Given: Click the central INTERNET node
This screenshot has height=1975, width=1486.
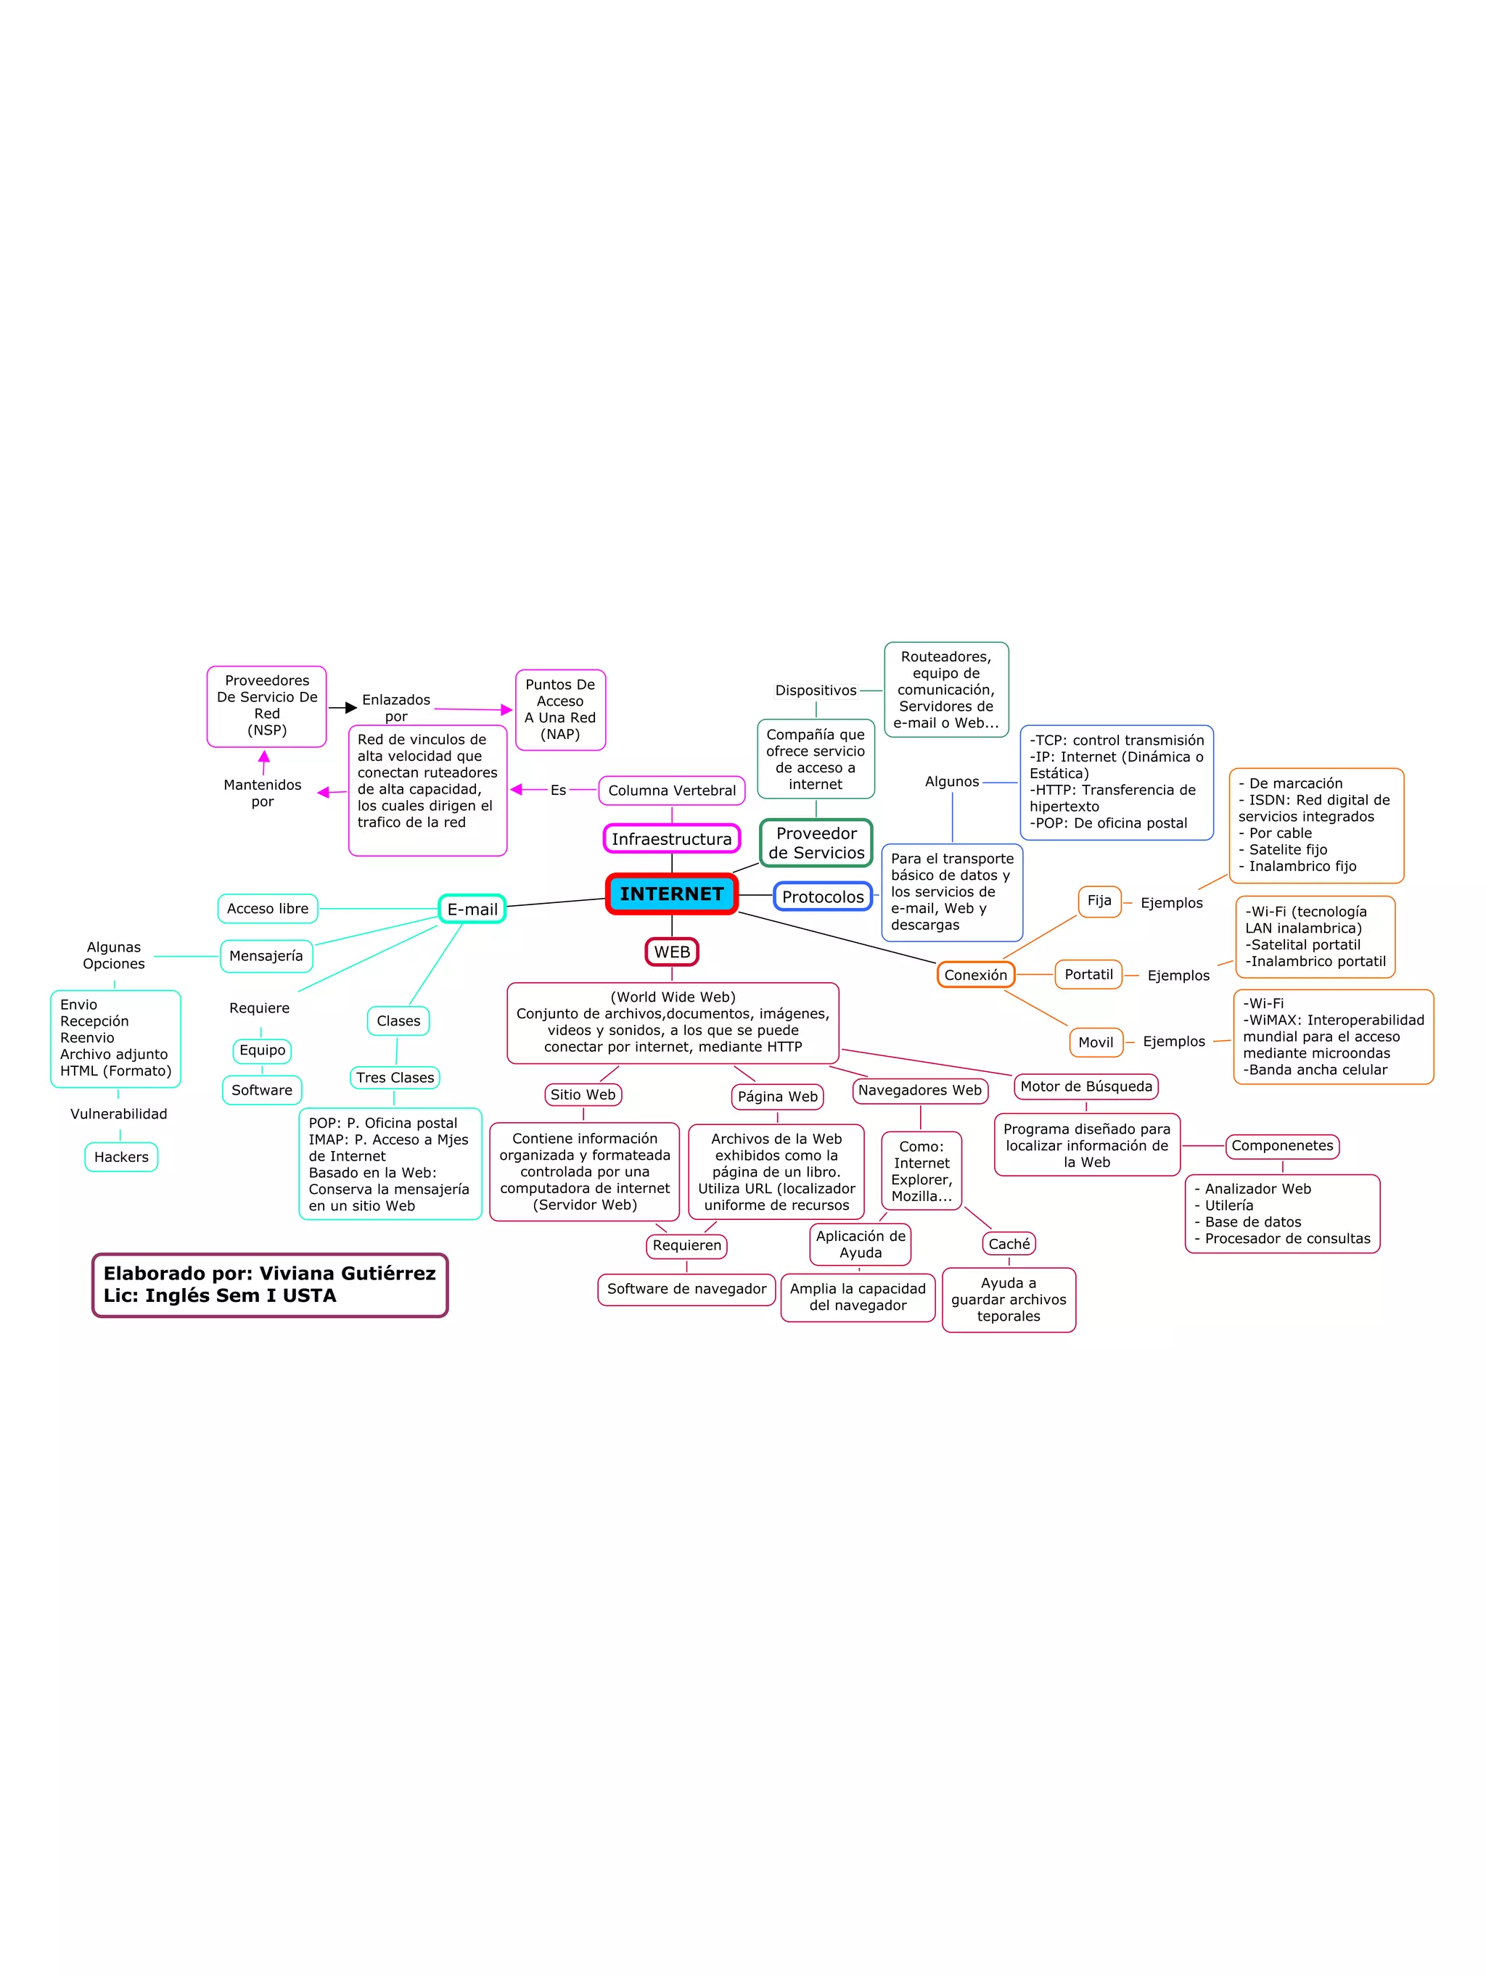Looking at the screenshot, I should click(672, 894).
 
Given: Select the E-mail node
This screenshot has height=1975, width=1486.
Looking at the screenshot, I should click(472, 909).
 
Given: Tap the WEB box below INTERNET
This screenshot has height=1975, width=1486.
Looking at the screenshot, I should click(672, 952).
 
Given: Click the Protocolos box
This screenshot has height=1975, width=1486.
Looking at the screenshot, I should click(823, 896).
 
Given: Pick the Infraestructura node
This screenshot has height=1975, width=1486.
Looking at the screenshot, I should click(672, 839).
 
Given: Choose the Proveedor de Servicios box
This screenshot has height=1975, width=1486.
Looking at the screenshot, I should click(816, 843).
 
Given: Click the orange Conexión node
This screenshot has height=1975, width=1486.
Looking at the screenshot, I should click(975, 975).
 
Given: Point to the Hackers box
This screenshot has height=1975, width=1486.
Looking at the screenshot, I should click(121, 1157).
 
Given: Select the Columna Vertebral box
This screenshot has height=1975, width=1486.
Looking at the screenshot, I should click(672, 790).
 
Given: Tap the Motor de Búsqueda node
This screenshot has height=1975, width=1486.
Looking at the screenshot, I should click(1086, 1087).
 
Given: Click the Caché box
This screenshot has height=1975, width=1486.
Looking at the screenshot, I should click(1009, 1244).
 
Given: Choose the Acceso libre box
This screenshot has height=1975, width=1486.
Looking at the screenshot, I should click(267, 909).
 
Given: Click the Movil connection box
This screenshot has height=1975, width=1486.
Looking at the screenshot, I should click(1095, 1042).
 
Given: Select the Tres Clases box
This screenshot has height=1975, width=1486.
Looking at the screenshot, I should click(395, 1078).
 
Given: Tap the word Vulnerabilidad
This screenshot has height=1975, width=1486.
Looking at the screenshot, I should click(119, 1114).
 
